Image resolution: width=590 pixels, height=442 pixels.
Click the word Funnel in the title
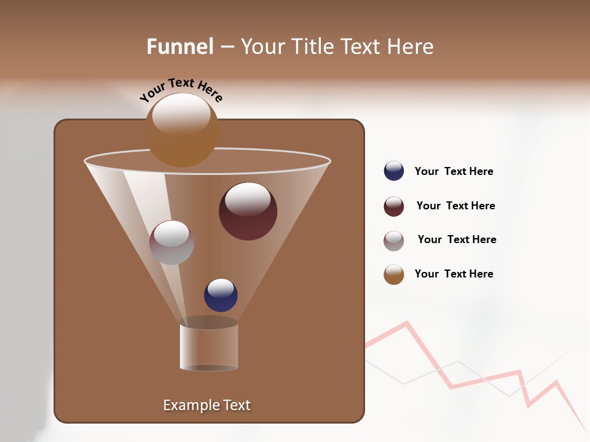coord(180,47)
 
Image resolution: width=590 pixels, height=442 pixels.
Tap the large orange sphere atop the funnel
coord(182,130)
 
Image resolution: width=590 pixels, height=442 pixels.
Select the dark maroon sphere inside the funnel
coord(248,211)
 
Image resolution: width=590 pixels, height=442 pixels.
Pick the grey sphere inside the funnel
coord(171,242)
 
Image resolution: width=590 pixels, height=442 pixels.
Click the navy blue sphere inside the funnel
coord(221,295)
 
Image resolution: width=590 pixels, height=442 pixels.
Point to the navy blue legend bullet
coord(394,171)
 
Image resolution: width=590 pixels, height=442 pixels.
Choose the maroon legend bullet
coord(394,206)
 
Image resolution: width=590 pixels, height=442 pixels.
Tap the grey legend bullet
coord(394,241)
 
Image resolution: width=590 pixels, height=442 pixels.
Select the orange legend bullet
coord(394,274)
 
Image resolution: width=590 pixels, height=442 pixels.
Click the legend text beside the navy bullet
coord(454,172)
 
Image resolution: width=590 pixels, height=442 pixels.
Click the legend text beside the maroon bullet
coord(455,206)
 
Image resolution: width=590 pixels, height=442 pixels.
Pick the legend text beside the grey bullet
coord(457,240)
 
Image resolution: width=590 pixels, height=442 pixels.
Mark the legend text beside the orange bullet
coord(454,274)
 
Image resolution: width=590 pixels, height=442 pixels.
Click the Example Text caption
coord(206,405)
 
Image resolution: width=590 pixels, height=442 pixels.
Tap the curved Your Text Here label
coord(181,89)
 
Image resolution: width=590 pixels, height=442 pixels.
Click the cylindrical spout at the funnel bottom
coord(208,347)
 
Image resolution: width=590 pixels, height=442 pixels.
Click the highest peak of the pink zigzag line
coord(406,322)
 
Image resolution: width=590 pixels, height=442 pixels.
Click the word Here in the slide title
coord(412,47)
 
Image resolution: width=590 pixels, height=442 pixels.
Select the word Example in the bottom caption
coord(187,405)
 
